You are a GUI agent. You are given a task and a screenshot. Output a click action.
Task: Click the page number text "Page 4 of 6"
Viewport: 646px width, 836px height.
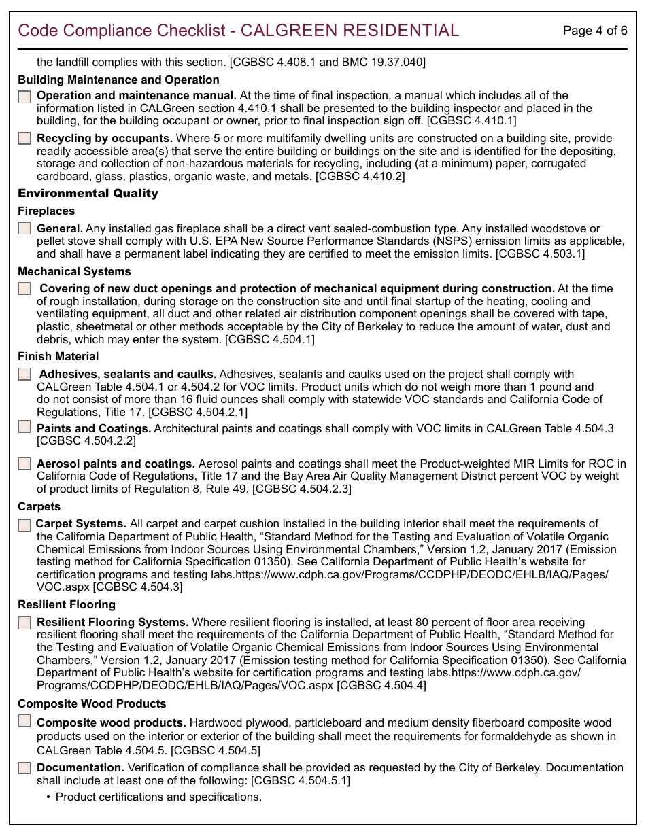pyautogui.click(x=594, y=31)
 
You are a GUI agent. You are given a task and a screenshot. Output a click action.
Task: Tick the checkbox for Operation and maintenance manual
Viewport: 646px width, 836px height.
pyautogui.click(x=24, y=97)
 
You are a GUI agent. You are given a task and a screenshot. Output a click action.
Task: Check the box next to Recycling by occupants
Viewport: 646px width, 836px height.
pyautogui.click(x=24, y=139)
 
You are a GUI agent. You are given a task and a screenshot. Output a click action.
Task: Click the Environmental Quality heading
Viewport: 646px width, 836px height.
pyautogui.click(x=88, y=194)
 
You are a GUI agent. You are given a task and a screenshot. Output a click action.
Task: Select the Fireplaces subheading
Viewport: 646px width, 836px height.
pyautogui.click(x=46, y=211)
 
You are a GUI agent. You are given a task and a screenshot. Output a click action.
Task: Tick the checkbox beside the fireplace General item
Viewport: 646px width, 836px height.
pyautogui.click(x=24, y=228)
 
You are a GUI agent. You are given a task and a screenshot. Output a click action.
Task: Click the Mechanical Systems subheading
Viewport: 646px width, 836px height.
pyautogui.click(x=74, y=272)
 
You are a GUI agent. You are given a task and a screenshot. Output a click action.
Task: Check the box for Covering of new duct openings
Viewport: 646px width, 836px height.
pyautogui.click(x=24, y=289)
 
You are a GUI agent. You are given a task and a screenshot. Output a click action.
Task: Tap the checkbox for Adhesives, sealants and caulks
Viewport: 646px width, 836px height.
pyautogui.click(x=24, y=374)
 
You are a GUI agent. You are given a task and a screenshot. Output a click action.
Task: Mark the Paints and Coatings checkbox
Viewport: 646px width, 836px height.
pyautogui.click(x=24, y=427)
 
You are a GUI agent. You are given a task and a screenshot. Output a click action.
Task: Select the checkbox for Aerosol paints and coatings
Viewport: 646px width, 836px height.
pyautogui.click(x=24, y=464)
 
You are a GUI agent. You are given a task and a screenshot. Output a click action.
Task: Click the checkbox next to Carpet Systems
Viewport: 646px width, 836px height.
pyautogui.click(x=24, y=525)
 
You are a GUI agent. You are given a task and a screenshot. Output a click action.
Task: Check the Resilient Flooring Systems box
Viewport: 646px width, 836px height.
pyautogui.click(x=24, y=623)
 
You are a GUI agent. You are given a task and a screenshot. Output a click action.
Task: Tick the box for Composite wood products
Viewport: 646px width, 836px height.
pyautogui.click(x=24, y=721)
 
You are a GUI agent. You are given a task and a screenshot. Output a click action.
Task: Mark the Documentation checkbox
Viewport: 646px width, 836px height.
pyautogui.click(x=24, y=768)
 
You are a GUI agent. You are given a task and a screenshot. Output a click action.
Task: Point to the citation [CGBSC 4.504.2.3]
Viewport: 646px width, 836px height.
pyautogui.click(x=302, y=489)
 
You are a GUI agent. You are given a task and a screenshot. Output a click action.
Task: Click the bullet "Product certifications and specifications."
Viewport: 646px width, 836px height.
pyautogui.click(x=158, y=797)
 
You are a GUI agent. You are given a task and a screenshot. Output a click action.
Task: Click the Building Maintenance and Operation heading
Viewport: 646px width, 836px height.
pyautogui.click(x=118, y=80)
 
